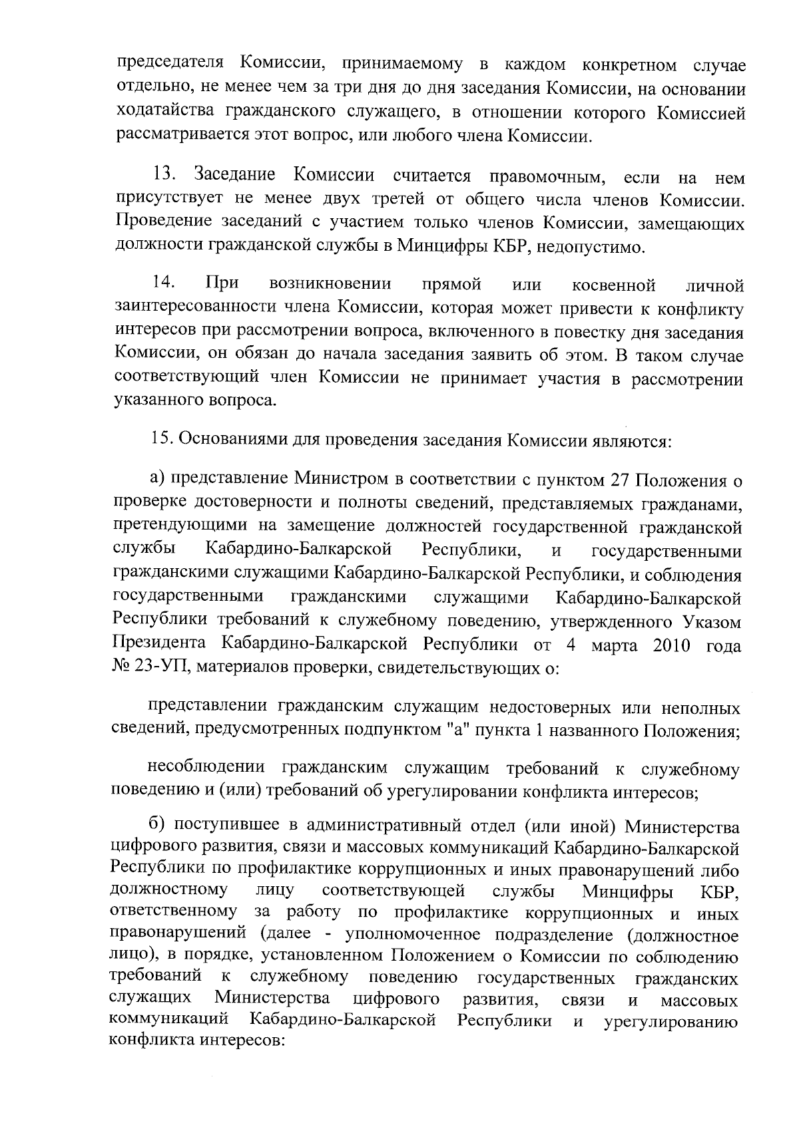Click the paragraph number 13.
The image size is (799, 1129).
[x=164, y=176]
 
